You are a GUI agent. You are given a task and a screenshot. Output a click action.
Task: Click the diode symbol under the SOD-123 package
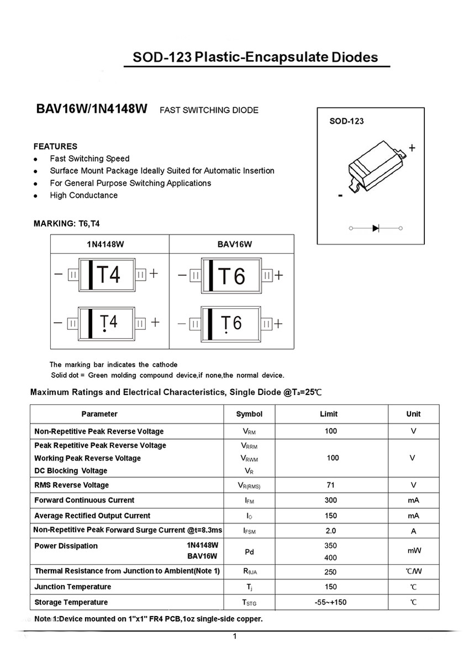click(x=376, y=228)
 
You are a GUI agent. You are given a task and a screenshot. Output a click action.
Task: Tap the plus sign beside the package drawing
click(x=412, y=148)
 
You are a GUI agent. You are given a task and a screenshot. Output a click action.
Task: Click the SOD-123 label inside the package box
click(x=346, y=122)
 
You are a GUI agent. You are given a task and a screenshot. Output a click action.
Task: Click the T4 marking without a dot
click(x=108, y=274)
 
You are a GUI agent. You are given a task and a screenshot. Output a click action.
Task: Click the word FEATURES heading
click(x=55, y=146)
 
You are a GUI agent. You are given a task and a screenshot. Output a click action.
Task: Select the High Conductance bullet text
click(x=83, y=195)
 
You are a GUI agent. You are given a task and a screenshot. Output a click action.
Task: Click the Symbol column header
click(x=249, y=414)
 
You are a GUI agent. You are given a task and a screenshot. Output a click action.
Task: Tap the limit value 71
click(x=331, y=485)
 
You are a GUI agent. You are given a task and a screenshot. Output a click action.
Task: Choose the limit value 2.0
click(x=331, y=531)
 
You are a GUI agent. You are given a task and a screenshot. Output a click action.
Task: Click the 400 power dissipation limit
click(x=331, y=558)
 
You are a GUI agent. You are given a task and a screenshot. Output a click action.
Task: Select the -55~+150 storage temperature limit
click(x=330, y=602)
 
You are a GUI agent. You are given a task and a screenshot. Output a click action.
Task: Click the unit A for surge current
click(x=413, y=531)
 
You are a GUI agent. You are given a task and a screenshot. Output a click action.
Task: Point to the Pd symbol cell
click(x=249, y=551)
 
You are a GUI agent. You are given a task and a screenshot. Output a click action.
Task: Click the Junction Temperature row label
click(x=72, y=587)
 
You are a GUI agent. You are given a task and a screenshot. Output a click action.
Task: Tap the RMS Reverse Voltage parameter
click(x=71, y=485)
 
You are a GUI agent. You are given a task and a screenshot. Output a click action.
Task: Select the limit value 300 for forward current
click(x=331, y=500)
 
